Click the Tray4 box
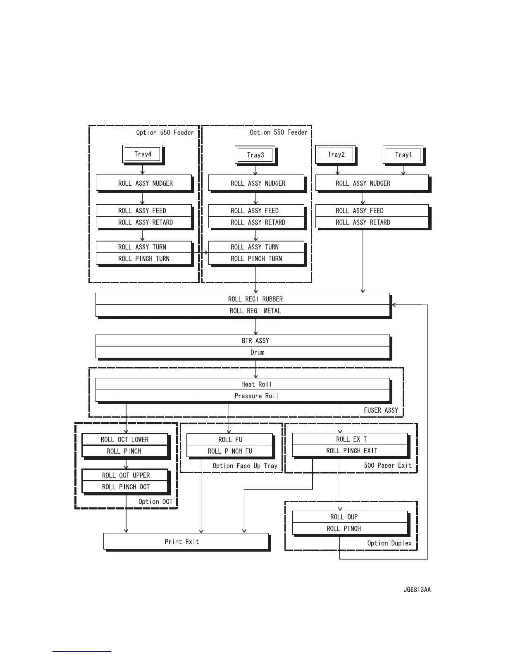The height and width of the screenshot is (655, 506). (143, 154)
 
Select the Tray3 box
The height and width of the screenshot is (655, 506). (255, 155)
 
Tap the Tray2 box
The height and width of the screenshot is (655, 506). (336, 155)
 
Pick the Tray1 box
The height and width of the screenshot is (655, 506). (403, 155)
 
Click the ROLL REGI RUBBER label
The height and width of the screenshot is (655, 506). (255, 299)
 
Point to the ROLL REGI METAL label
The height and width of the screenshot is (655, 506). (255, 311)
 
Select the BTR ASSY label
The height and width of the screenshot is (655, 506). (255, 341)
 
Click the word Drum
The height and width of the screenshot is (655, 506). (257, 352)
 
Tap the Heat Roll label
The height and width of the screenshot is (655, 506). (256, 384)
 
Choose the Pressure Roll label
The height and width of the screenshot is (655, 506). (256, 396)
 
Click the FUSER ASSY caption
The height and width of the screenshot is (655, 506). (381, 410)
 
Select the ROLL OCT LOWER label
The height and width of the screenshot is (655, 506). (124, 440)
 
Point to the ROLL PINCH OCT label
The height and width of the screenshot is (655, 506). (126, 487)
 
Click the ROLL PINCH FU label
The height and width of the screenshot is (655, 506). (230, 451)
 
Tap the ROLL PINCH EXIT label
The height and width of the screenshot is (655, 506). (351, 451)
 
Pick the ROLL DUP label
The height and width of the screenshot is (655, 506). (344, 517)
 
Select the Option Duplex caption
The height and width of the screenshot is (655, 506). (389, 543)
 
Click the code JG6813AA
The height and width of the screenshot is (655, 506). (417, 590)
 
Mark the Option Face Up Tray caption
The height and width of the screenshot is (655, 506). (245, 466)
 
